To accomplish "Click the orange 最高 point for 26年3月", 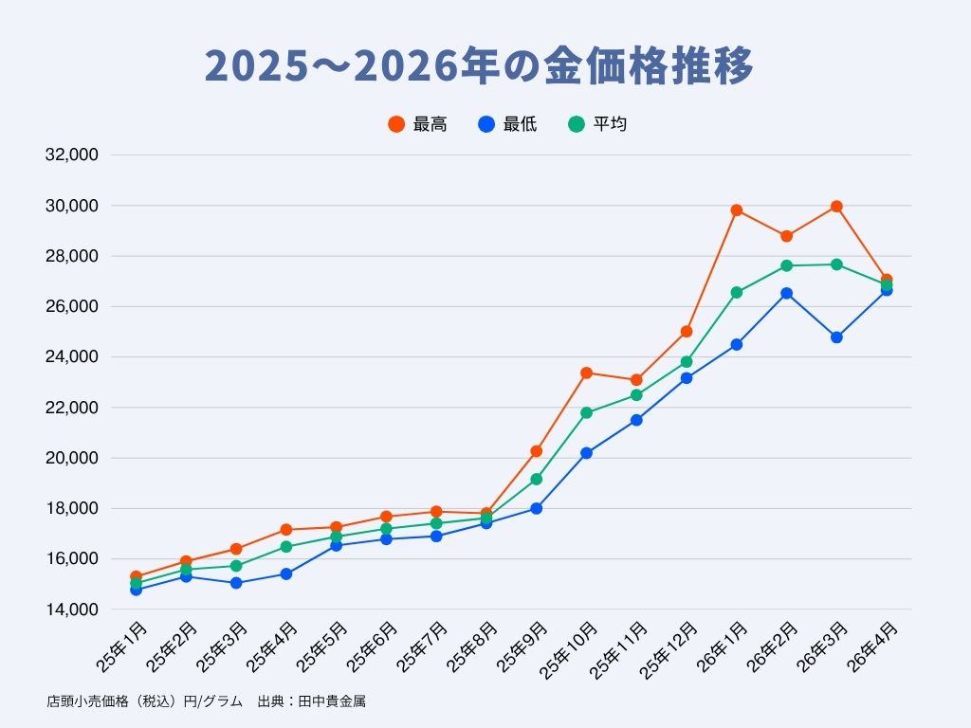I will [836, 207].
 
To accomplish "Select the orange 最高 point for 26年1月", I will [737, 210].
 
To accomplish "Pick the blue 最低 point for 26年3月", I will [836, 337].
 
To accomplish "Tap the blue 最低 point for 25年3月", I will [236, 583].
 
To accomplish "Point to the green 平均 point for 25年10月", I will [587, 412].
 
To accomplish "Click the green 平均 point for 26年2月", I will [787, 265].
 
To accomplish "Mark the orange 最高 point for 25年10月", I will [587, 373].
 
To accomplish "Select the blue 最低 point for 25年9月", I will [537, 508].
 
